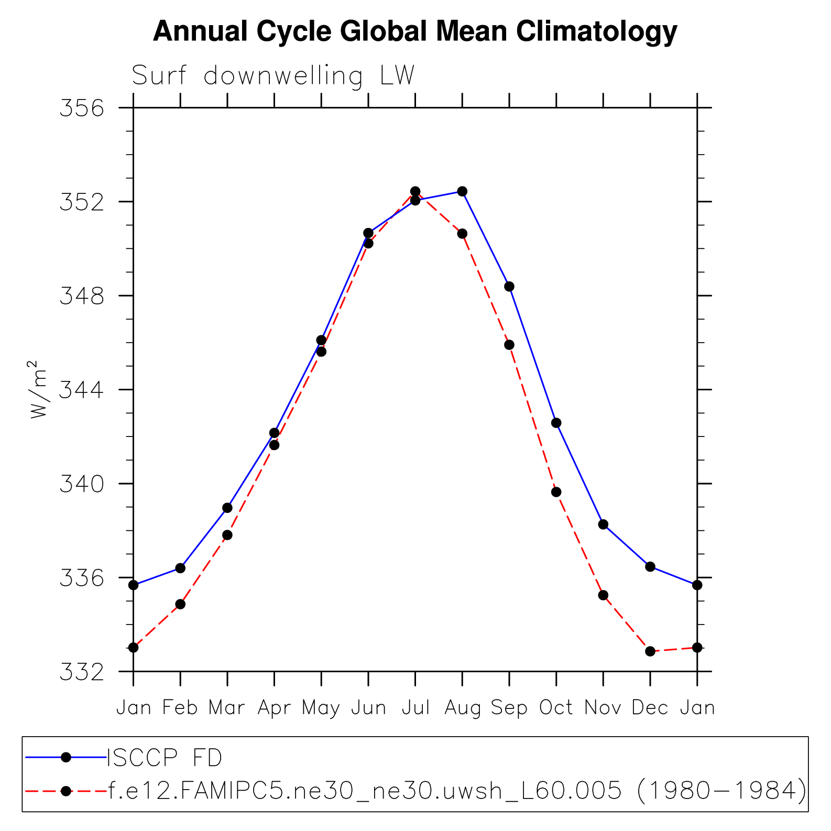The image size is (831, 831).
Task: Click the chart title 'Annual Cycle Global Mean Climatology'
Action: coord(415,31)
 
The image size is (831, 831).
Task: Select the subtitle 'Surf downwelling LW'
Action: coord(273,76)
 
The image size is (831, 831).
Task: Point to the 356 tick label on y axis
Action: coord(82,108)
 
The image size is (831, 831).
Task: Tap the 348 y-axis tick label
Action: coord(82,296)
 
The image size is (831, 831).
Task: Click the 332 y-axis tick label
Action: coord(82,672)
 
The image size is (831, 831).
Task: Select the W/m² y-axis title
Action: coord(39,390)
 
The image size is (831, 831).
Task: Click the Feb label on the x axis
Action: coord(180,708)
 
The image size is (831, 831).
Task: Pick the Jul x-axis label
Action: coord(415,708)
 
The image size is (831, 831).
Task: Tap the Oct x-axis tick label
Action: coord(556,708)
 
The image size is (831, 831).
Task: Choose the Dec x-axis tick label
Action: coord(650,708)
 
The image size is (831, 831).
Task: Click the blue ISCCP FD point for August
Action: coord(462,191)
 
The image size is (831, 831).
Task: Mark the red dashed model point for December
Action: coord(650,651)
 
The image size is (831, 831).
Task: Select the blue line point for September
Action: coord(509,287)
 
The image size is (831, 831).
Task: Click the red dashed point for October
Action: coord(556,492)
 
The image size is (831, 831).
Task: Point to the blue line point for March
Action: coord(227,508)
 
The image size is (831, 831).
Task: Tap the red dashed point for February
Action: coord(180,604)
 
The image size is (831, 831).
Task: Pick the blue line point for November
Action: coord(603,524)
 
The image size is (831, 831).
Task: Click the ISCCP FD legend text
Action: coord(165,758)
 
